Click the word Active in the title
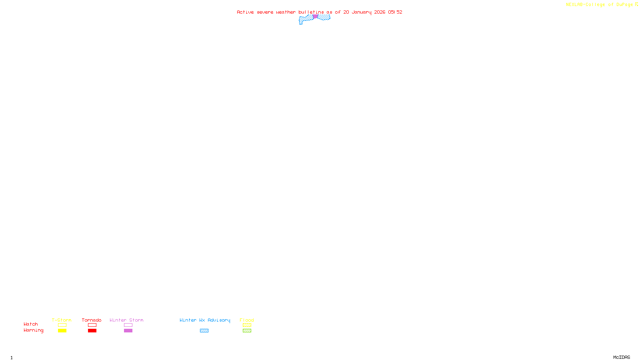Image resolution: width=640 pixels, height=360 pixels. pyautogui.click(x=245, y=12)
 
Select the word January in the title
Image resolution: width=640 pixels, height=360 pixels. pyautogui.click(x=361, y=12)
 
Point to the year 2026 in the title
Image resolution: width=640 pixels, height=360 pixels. pyautogui.click(x=380, y=12)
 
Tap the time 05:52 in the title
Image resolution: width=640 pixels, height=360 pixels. pyautogui.click(x=395, y=12)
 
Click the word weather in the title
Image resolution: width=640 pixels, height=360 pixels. pyautogui.click(x=286, y=12)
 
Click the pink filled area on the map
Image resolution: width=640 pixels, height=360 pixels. pyautogui.click(x=315, y=16)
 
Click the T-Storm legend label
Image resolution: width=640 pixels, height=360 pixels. pyautogui.click(x=62, y=320)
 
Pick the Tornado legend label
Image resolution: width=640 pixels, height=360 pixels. pyautogui.click(x=92, y=320)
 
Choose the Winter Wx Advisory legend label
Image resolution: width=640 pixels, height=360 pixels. pyautogui.click(x=205, y=320)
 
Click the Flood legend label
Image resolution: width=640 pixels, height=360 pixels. pyautogui.click(x=247, y=320)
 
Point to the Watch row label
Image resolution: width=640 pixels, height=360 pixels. pyautogui.click(x=31, y=324)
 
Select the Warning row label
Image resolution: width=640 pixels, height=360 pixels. pyautogui.click(x=33, y=330)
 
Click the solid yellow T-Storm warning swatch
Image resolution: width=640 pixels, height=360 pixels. pyautogui.click(x=62, y=331)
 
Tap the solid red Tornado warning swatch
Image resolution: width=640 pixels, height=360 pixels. pyautogui.click(x=92, y=331)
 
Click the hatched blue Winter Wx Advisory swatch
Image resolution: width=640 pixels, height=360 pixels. pyautogui.click(x=204, y=331)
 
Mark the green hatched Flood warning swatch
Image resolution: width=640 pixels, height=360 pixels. pyautogui.click(x=247, y=331)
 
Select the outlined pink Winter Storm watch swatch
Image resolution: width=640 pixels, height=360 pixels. pyautogui.click(x=128, y=325)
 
